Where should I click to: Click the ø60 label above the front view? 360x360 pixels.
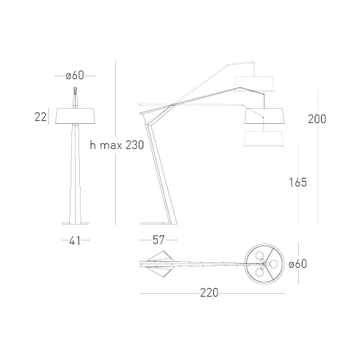click(x=75, y=76)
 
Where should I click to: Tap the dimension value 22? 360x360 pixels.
click(x=40, y=117)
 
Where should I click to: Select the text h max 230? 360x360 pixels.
click(x=117, y=145)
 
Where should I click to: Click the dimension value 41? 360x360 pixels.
click(x=75, y=240)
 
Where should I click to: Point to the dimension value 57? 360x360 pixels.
click(x=158, y=240)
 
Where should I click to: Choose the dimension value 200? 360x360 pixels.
click(x=317, y=119)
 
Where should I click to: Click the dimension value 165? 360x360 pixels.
click(x=298, y=182)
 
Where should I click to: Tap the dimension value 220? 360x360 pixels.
click(x=210, y=293)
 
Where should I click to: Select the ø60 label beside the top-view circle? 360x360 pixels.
click(x=298, y=264)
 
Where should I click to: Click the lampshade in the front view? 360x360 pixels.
click(x=76, y=116)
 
